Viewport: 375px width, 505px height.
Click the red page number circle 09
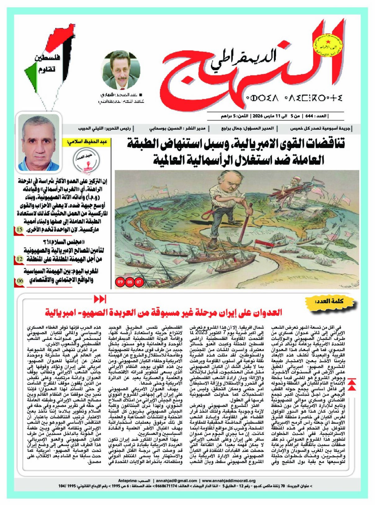(x=120, y=282)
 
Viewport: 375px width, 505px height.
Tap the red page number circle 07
(x=139, y=282)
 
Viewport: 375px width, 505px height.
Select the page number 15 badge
(x=19, y=230)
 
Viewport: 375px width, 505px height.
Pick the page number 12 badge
(x=19, y=259)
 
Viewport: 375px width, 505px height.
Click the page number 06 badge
(x=19, y=281)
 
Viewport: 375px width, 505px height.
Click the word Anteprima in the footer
(x=127, y=480)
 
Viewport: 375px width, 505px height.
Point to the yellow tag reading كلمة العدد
(x=329, y=301)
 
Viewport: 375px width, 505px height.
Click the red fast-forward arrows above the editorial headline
(x=100, y=299)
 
